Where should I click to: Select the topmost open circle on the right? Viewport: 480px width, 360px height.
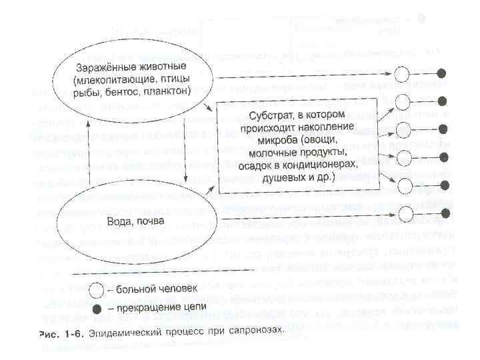click(x=402, y=73)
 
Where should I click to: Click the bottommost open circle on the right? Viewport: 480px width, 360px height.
click(x=402, y=213)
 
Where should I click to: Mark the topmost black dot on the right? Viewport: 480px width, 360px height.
click(x=441, y=73)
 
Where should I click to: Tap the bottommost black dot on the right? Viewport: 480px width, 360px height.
click(x=441, y=213)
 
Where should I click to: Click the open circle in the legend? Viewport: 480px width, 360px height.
click(x=97, y=289)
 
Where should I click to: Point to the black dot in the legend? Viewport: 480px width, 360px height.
click(x=97, y=309)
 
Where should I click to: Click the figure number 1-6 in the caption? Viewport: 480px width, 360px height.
click(x=69, y=331)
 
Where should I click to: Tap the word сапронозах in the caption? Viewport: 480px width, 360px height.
click(x=259, y=331)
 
